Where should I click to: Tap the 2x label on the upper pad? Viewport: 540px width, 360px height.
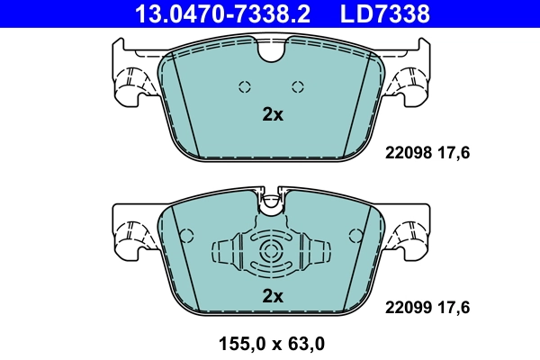pos(272,115)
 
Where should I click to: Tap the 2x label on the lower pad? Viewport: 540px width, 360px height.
pos(272,295)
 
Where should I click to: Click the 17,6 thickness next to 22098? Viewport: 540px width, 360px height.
pos(454,153)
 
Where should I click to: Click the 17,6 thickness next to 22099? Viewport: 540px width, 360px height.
pos(454,307)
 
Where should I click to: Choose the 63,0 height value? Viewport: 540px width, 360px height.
pos(303,342)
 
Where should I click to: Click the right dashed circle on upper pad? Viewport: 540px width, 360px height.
pos(298,86)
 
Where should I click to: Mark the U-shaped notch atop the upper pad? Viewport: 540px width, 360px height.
pos(271,52)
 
